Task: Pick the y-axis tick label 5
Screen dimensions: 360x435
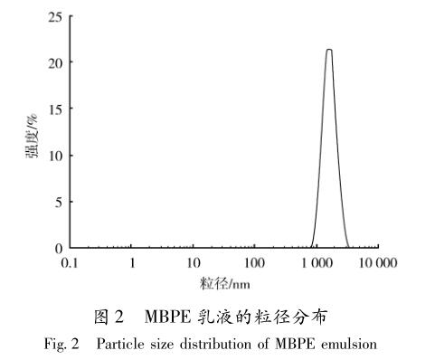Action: tap(58, 201)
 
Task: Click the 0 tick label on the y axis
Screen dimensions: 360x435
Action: tap(58, 247)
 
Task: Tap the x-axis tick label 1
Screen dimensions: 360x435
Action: tap(132, 263)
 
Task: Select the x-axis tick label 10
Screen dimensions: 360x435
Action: tap(194, 263)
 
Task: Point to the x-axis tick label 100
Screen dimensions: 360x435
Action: tap(255, 263)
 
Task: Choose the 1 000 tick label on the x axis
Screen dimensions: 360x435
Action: tap(317, 263)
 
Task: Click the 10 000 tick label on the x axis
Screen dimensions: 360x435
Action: tap(378, 263)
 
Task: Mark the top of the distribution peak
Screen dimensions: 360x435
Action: tap(329, 50)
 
